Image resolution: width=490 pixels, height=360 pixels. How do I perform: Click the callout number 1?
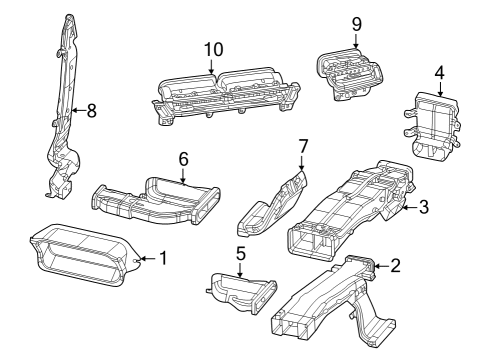[x=163, y=259]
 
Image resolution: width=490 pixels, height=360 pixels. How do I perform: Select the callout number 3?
[x=423, y=207]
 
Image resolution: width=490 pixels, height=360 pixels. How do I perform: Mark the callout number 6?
[x=183, y=159]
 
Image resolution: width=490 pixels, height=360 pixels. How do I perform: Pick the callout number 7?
[x=302, y=147]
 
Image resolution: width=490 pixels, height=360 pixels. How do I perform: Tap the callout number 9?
[x=356, y=23]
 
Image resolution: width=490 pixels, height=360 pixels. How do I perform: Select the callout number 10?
[x=211, y=49]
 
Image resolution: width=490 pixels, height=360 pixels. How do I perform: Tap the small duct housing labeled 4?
[x=433, y=122]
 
